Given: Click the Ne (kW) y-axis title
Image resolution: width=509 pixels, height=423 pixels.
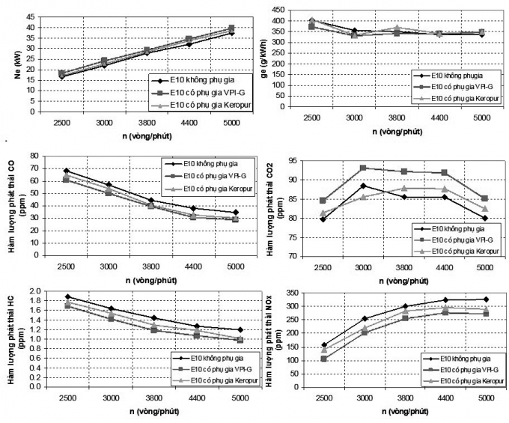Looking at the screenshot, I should (9, 59).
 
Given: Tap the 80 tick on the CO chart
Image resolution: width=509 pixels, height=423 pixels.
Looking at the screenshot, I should (33, 156).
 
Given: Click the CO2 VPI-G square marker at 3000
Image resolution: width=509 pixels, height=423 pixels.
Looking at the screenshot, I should (363, 168).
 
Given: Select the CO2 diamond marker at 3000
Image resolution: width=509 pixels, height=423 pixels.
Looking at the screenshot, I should (363, 186).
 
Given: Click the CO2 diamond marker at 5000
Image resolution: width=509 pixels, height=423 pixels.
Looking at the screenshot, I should (484, 218).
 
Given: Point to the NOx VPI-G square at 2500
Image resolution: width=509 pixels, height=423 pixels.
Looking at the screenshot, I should (323, 359).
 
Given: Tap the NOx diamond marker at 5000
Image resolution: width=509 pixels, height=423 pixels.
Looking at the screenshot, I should (484, 299).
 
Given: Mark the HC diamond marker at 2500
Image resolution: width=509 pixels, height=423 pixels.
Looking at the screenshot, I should (67, 296).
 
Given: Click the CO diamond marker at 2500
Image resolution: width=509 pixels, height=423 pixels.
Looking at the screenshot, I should (67, 171).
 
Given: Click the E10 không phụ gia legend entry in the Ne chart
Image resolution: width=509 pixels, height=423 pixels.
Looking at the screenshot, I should (190, 81).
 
